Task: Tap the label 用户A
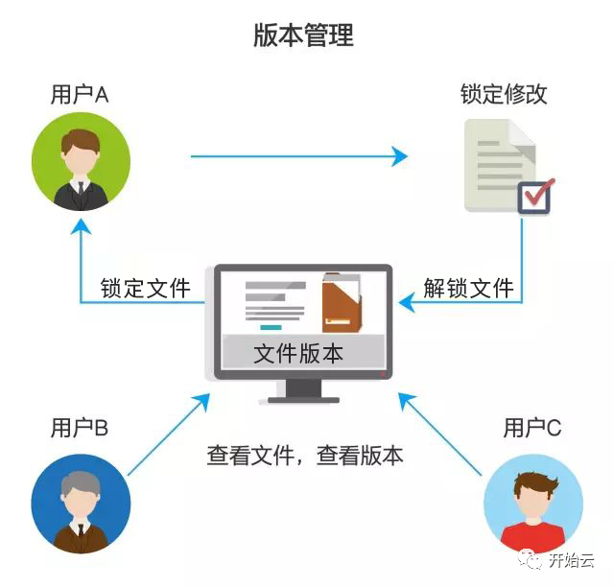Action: pyautogui.click(x=80, y=95)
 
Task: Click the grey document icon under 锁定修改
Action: pyautogui.click(x=497, y=163)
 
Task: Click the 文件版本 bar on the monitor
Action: pyautogui.click(x=302, y=353)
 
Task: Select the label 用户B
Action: pyautogui.click(x=80, y=427)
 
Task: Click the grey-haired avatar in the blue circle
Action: pyautogui.click(x=79, y=505)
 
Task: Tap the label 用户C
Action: pyautogui.click(x=532, y=427)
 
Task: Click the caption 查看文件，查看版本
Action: pyautogui.click(x=305, y=455)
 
